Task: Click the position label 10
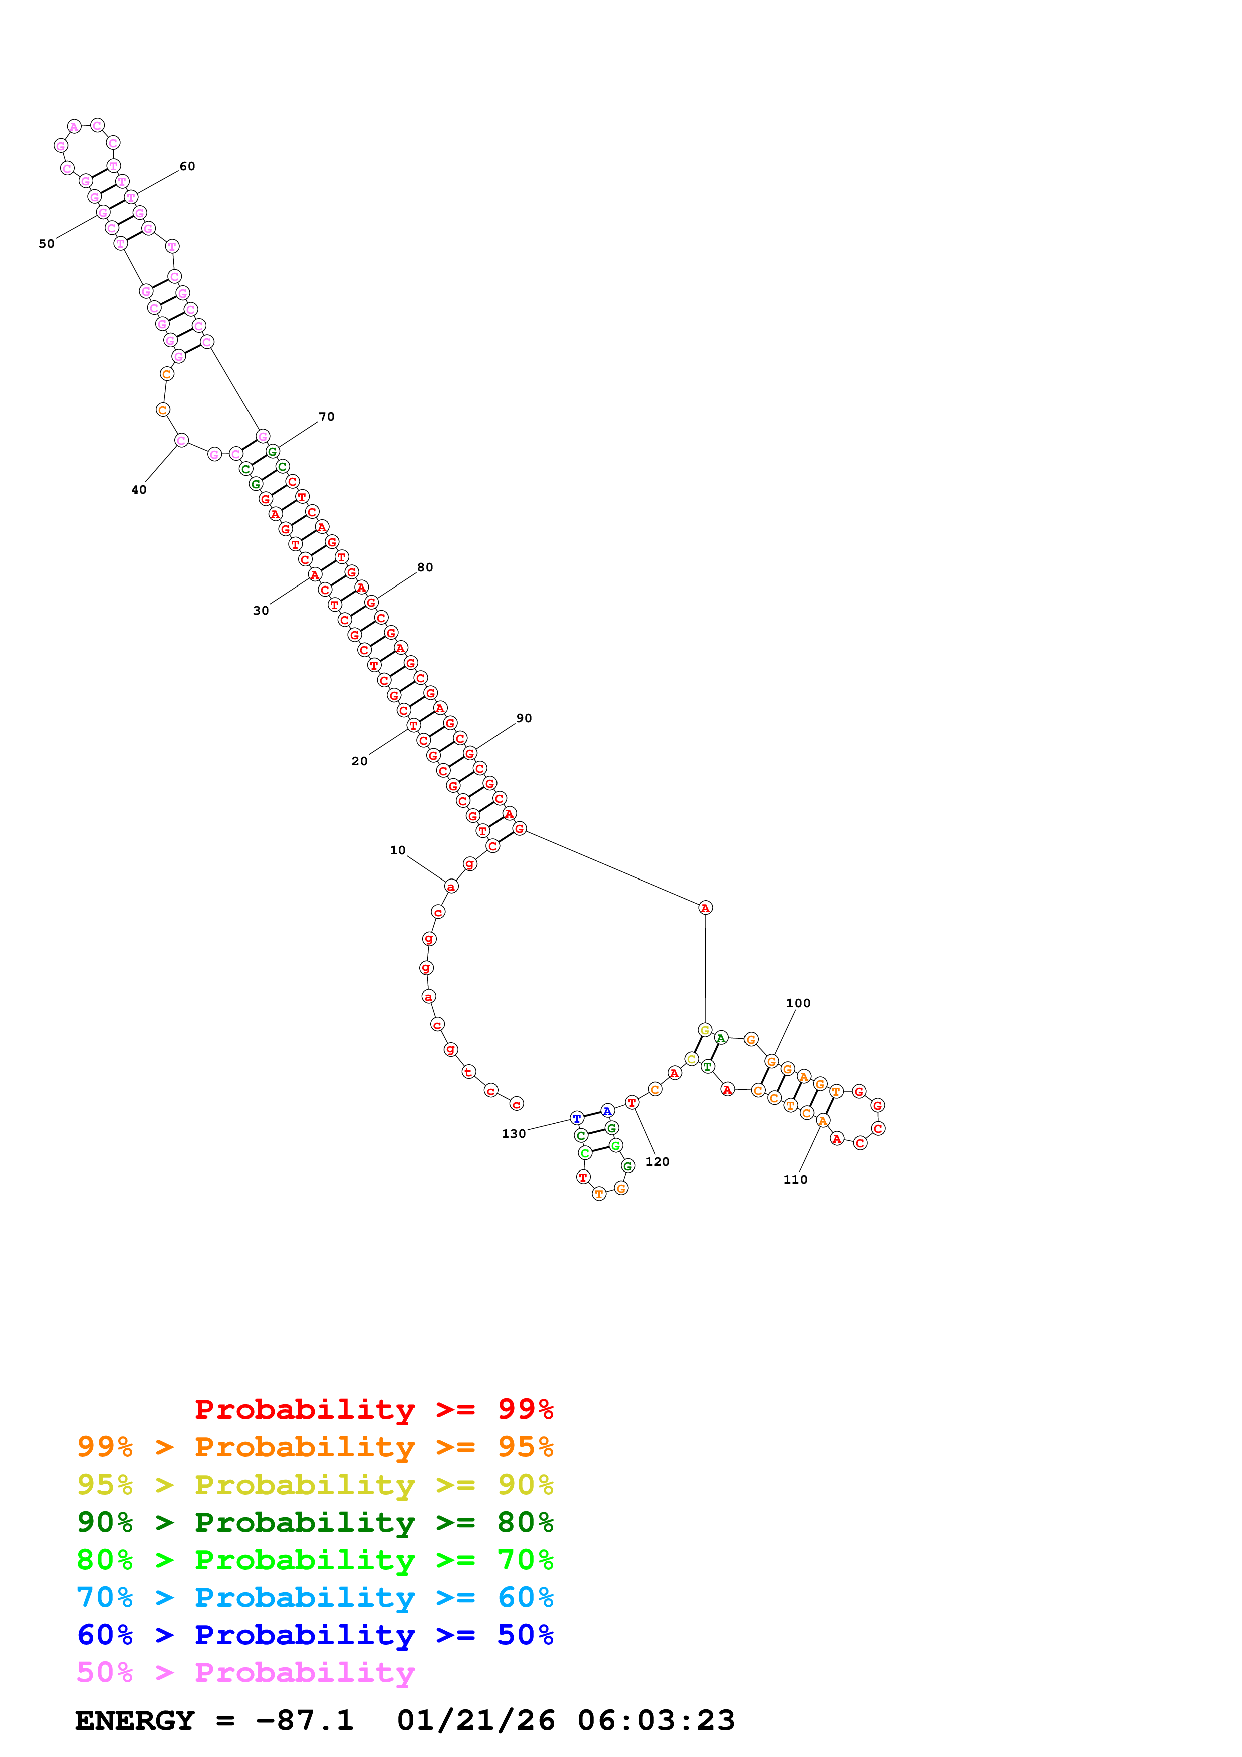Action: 397,850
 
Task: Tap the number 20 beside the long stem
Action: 359,761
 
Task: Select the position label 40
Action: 138,490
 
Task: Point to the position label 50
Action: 47,244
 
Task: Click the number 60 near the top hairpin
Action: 187,166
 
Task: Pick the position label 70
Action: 327,417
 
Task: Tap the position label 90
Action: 524,718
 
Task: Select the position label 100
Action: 798,1003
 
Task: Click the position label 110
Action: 795,1179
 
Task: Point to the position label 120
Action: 657,1161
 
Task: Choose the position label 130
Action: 514,1134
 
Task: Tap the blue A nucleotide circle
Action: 607,1111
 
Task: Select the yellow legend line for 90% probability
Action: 315,1485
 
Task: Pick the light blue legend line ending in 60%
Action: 315,1597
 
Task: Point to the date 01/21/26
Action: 476,1720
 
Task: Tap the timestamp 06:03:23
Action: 656,1720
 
